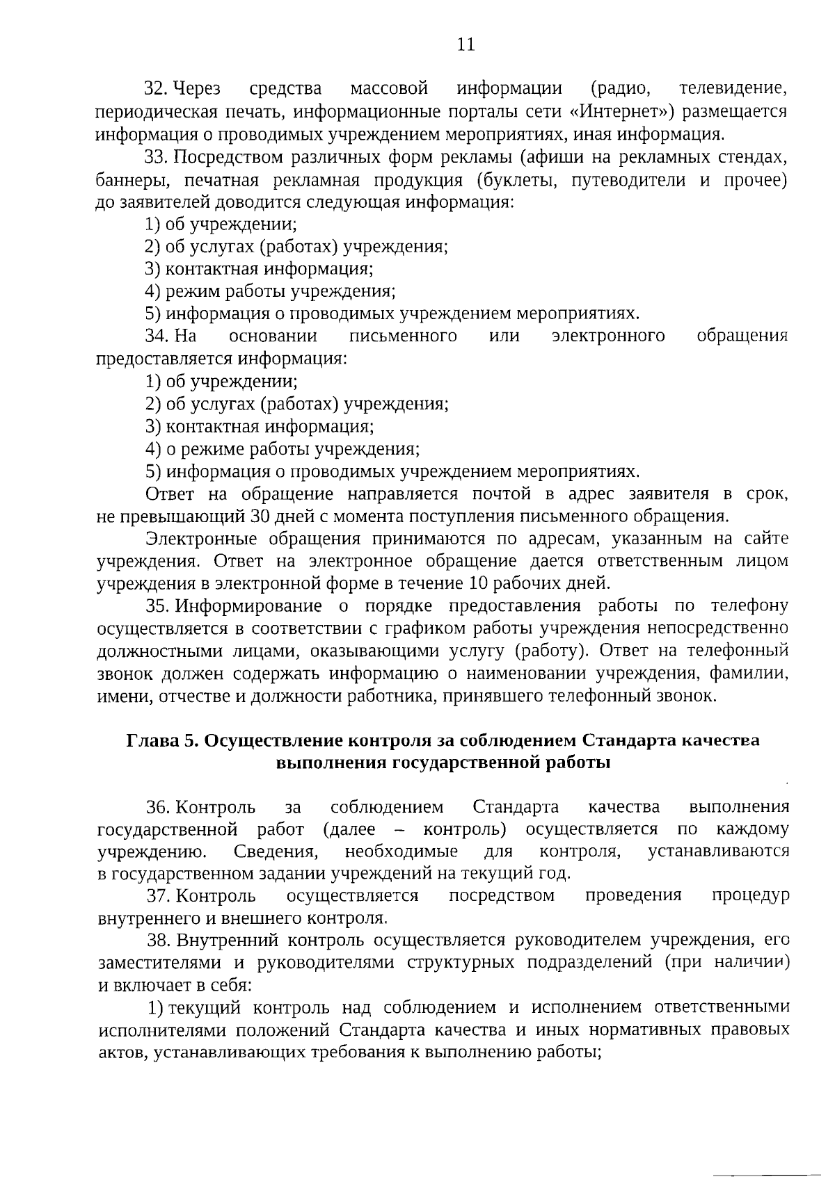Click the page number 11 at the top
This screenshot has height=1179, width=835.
466,44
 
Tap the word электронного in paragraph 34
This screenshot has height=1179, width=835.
607,336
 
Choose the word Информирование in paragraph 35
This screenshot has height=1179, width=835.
248,606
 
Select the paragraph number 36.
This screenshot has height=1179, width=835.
157,807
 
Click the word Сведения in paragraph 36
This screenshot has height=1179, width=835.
276,852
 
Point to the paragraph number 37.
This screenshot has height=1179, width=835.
158,895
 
